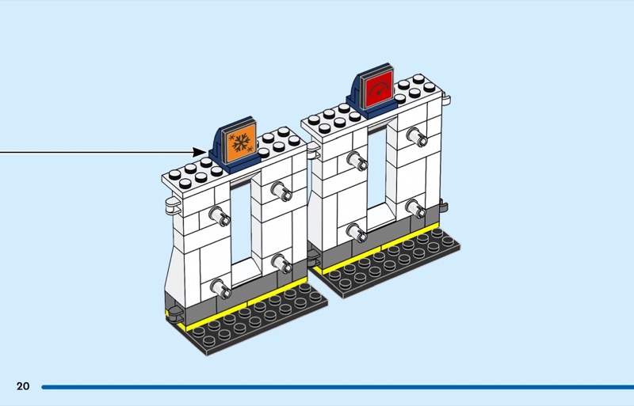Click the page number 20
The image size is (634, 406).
[23, 386]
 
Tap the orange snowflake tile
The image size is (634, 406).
[241, 142]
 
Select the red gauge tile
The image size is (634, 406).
[379, 89]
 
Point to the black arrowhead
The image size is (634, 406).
[200, 152]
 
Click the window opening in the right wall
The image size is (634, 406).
[378, 173]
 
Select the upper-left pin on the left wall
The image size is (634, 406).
[220, 216]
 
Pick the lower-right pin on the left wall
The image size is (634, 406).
[281, 263]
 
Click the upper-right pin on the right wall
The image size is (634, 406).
[417, 137]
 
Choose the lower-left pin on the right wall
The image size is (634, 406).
[357, 233]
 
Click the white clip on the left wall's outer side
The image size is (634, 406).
[172, 206]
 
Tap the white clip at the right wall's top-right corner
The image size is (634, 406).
[446, 99]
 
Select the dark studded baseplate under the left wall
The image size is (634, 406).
[259, 319]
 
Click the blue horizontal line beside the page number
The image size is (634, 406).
[338, 387]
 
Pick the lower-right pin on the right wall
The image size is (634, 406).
[415, 208]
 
